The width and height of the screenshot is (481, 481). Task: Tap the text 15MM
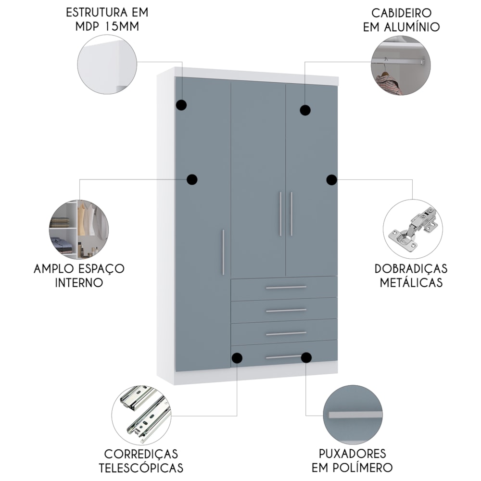point(122,26)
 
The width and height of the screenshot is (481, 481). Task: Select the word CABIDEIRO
point(401,13)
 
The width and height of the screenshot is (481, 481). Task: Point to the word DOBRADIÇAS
point(411,269)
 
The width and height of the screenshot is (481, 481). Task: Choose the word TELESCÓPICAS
point(141,468)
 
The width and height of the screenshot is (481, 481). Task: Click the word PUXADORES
point(352,454)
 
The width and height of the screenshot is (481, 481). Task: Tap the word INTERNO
point(79,282)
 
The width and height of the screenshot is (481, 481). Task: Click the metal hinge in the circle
point(413,229)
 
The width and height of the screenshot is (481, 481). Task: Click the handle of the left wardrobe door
point(223,252)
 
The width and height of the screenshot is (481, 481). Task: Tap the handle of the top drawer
point(286,288)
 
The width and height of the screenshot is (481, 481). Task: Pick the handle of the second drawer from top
point(286,310)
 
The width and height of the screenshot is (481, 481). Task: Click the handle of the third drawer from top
point(286,333)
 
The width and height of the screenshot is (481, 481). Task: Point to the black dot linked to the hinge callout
point(331,180)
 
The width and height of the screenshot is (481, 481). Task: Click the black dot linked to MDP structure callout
point(182,105)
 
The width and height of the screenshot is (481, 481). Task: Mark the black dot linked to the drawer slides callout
point(237,358)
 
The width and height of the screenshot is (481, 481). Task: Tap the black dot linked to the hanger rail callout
point(305,110)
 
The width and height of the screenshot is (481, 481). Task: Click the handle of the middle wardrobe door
point(280,214)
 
